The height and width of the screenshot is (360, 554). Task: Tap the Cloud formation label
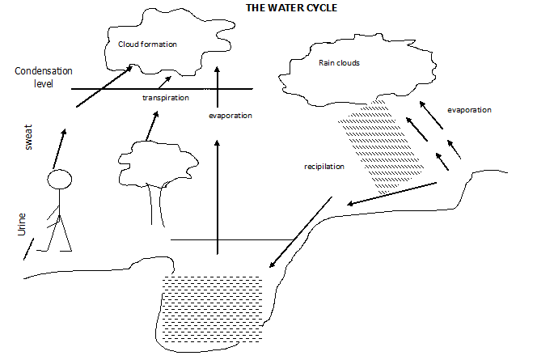[x=147, y=44]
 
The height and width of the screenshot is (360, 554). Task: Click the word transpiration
[x=165, y=98]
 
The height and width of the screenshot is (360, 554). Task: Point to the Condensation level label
[x=32, y=76]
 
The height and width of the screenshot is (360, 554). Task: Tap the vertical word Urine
[x=22, y=225]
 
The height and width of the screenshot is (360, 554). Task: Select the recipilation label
[x=324, y=167]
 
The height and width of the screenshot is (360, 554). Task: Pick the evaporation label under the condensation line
[x=230, y=116]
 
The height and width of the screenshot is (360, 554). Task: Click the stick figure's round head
[x=61, y=180]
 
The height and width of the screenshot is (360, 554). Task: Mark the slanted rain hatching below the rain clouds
[x=368, y=146]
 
